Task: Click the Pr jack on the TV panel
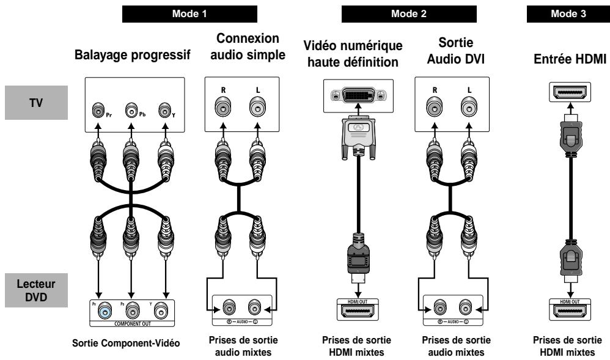[98, 111]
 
